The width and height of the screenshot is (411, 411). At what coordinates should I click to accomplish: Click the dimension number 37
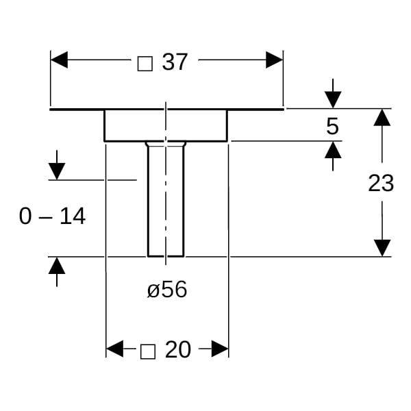175,62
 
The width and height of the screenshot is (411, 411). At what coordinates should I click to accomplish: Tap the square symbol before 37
145,63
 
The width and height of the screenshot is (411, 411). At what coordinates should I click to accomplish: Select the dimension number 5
333,126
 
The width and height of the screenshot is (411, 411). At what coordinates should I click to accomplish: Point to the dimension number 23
381,183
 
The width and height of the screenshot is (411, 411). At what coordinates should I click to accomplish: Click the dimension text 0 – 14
52,216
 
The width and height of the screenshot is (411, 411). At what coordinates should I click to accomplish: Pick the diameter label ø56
166,290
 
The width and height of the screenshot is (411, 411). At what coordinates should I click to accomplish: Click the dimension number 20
178,350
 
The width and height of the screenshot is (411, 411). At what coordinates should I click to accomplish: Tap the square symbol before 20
147,351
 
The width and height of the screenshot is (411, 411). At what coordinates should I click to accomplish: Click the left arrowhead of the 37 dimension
60,60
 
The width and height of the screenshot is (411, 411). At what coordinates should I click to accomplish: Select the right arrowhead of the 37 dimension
274,60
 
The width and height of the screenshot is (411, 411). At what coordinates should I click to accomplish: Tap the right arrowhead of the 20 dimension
219,349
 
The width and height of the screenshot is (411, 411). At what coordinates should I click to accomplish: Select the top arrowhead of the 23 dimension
382,117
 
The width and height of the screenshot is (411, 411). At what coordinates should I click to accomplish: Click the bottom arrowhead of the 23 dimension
382,248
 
